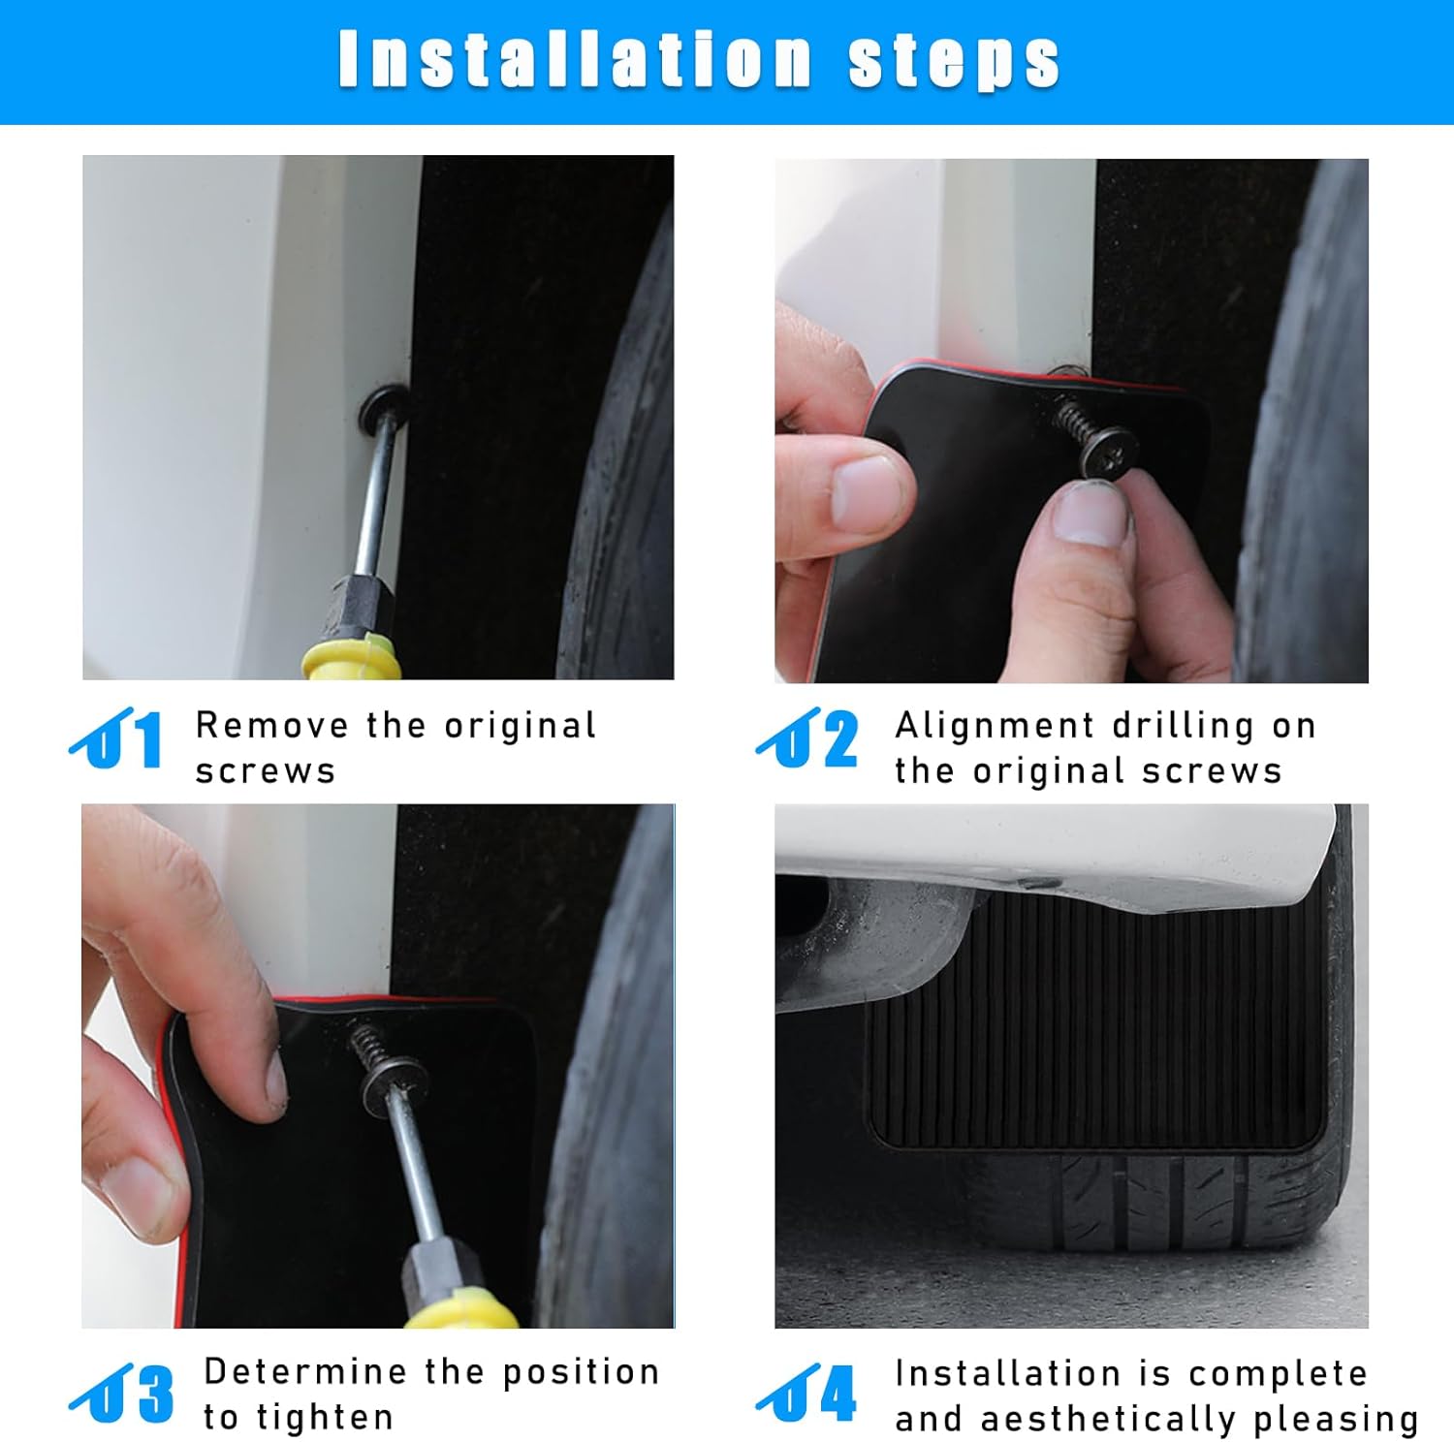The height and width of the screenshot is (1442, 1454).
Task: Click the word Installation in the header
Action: [575, 59]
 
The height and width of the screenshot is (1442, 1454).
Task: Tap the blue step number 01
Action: [116, 738]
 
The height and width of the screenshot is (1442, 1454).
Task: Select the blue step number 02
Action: [807, 738]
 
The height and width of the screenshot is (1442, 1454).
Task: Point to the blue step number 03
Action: [122, 1393]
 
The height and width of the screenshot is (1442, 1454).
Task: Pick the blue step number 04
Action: [806, 1393]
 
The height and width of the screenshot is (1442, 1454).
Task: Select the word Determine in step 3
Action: [305, 1371]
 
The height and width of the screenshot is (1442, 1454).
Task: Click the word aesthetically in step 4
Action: [1108, 1420]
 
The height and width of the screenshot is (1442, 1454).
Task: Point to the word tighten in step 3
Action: [325, 1417]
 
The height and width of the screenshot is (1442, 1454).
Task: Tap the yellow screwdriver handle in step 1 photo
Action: [352, 659]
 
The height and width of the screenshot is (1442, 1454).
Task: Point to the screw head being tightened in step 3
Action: [393, 1083]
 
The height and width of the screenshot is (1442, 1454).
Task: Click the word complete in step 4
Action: [1279, 1375]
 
